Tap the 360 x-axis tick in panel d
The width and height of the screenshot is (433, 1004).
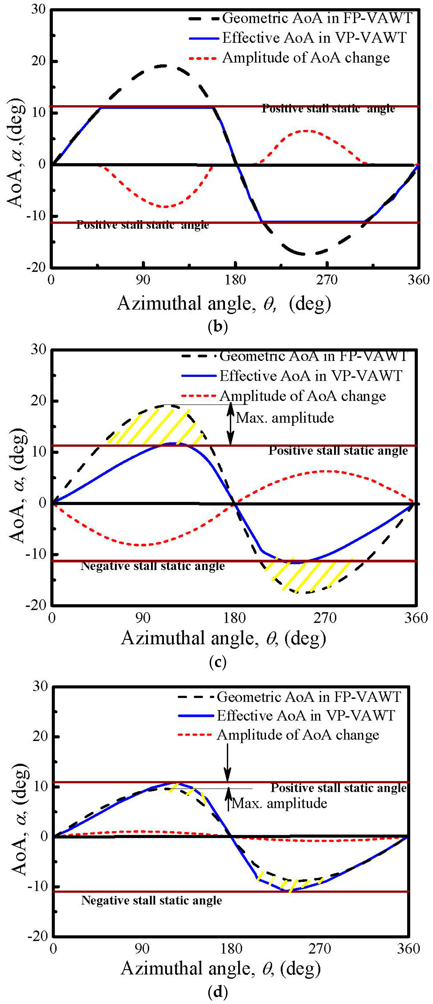coord(408,949)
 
